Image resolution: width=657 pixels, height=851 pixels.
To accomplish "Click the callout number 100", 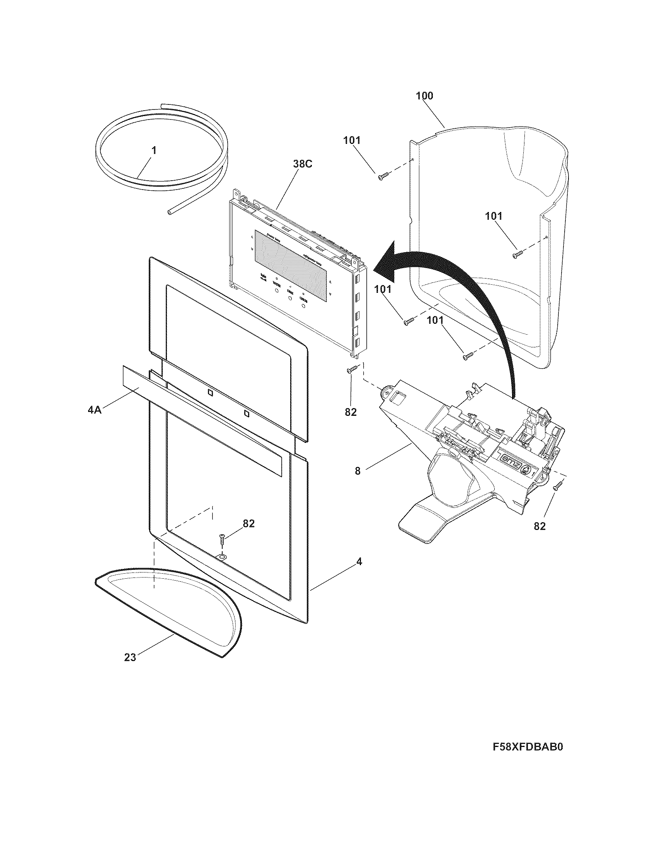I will click(424, 96).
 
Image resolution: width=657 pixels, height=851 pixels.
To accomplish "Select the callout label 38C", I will click(303, 164).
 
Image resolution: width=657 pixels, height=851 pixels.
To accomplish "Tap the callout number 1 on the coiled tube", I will click(154, 150).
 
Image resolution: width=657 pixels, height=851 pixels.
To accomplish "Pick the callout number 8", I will click(357, 471).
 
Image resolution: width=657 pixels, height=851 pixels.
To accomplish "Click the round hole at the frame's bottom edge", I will click(221, 557).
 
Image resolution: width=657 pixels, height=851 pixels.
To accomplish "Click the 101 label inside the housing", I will click(494, 216).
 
